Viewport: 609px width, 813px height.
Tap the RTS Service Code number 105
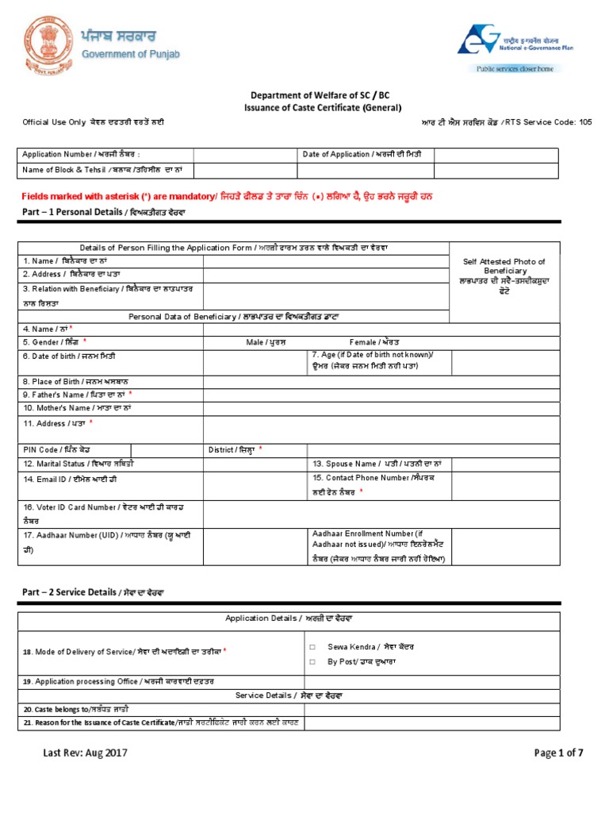(585, 122)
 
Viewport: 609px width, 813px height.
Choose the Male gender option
(266, 342)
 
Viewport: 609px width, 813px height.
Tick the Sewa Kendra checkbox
(312, 647)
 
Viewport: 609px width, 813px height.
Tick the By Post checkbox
(312, 661)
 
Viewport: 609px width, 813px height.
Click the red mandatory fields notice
(227, 195)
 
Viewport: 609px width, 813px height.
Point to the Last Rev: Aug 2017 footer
(85, 753)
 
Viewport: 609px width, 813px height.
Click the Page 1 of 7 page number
(558, 753)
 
